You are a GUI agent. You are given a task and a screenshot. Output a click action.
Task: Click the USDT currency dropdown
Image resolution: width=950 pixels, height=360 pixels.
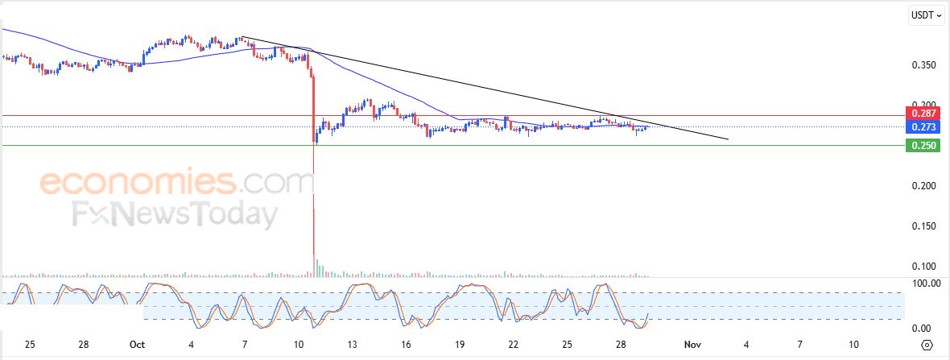click(x=926, y=14)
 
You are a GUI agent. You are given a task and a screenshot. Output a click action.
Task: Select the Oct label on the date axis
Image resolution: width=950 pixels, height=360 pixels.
click(x=138, y=345)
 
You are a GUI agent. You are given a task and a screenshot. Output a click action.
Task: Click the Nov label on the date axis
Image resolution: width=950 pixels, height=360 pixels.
click(x=693, y=345)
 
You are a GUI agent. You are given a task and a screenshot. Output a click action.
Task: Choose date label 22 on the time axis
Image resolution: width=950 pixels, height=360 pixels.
click(x=514, y=345)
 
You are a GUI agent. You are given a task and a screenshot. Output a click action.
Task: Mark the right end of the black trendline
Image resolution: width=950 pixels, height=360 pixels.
click(x=728, y=139)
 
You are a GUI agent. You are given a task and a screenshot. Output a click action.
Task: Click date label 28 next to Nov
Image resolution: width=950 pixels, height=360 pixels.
click(x=622, y=345)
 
